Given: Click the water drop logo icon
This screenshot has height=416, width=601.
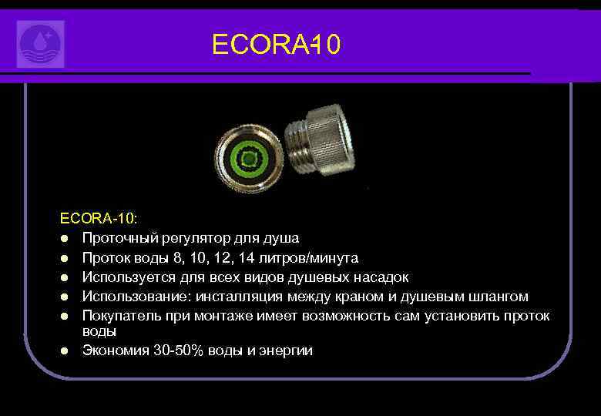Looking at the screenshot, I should point(40,44).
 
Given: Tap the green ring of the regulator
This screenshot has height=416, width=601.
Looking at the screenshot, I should point(249,159).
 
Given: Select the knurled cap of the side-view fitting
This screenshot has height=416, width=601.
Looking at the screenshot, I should point(331,139).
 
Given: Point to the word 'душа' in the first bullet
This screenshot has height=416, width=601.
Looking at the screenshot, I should point(281,238).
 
